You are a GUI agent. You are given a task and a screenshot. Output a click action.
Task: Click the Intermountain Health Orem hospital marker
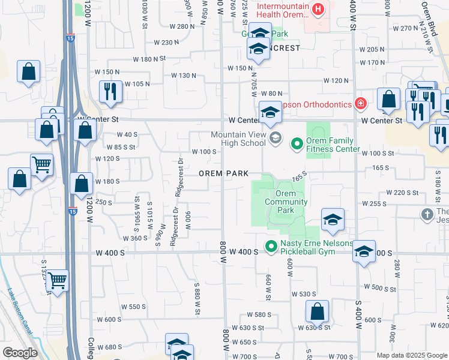(x=318, y=10)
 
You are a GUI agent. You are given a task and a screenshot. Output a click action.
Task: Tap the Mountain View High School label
(x=238, y=139)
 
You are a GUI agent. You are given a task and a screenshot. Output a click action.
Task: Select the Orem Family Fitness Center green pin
(x=297, y=143)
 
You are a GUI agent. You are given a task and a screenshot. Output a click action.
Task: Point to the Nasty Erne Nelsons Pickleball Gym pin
(x=271, y=246)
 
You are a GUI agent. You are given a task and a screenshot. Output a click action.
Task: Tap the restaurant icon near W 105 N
(x=110, y=91)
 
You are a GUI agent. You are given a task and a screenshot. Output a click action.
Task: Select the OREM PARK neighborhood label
(x=223, y=173)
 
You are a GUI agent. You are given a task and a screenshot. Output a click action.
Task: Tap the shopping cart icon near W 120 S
(x=41, y=163)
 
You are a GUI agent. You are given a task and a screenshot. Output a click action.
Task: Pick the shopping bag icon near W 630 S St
(x=317, y=311)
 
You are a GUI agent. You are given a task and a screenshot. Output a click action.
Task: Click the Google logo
(x=19, y=353)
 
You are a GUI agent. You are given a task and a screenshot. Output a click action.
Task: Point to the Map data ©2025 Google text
(x=412, y=355)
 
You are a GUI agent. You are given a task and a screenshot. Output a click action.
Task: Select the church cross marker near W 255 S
(x=427, y=214)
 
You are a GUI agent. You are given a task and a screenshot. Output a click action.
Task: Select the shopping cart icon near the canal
(x=58, y=280)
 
